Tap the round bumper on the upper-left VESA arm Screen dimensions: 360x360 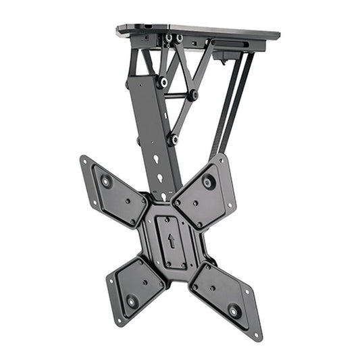click(106, 181)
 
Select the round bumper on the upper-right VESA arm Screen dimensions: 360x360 click(208, 181)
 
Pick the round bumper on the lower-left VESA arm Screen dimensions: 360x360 click(132, 301)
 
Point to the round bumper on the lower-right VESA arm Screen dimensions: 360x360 click(234, 311)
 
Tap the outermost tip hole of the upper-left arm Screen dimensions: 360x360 click(84, 160)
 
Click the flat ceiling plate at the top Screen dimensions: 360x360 click(203, 31)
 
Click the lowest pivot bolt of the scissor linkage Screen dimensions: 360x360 click(174, 138)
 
